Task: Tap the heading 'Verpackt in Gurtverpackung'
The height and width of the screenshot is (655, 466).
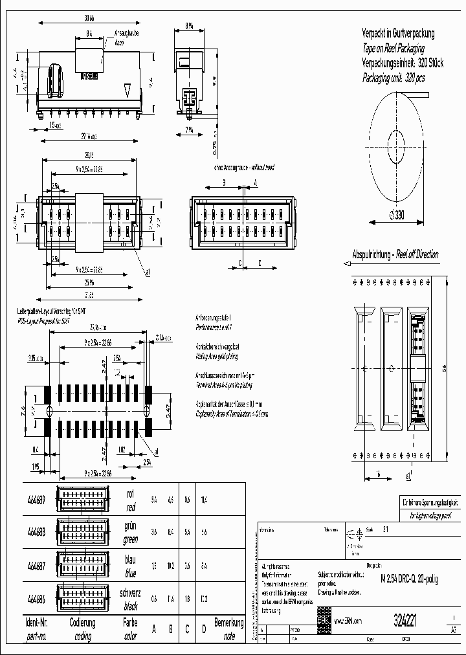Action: (x=397, y=33)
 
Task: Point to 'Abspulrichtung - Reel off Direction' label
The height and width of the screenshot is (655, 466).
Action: (x=394, y=254)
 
